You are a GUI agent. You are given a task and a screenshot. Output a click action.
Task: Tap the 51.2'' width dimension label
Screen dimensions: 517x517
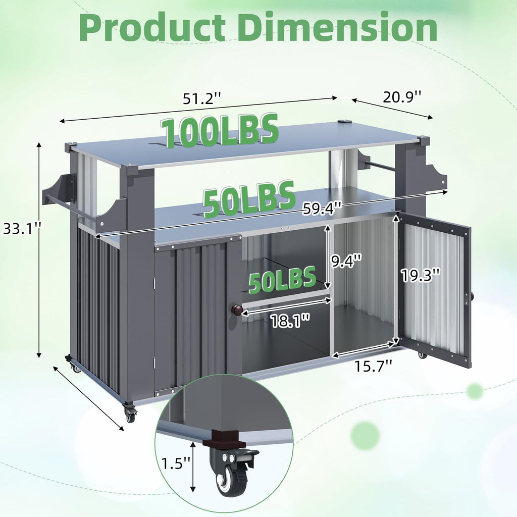[x=202, y=98]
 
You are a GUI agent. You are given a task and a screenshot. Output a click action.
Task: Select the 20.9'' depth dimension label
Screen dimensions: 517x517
[x=402, y=96]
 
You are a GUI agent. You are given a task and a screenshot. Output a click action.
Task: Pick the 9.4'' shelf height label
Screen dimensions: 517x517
[x=347, y=261]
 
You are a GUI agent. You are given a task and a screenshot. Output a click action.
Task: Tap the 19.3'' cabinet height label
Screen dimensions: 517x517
[x=421, y=275]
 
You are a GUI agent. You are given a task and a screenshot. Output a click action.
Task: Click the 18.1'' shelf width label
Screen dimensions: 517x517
[x=290, y=321]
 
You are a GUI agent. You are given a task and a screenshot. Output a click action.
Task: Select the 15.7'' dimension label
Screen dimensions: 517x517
[x=374, y=366]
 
